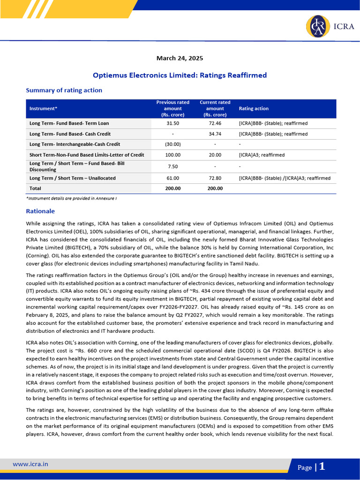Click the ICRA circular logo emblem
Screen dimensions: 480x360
click(315, 27)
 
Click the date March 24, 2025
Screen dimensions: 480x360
click(180, 59)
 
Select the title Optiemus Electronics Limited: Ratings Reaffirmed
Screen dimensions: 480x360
click(180, 75)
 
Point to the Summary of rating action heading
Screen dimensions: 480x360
click(64, 90)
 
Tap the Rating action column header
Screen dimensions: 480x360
click(254, 109)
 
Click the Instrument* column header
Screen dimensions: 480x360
click(43, 109)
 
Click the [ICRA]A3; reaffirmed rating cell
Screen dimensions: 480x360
click(262, 155)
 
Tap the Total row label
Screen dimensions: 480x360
click(35, 188)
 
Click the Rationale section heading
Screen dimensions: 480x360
click(40, 211)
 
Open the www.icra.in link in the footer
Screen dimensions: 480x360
click(30, 464)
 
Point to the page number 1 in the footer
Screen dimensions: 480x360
click(322, 467)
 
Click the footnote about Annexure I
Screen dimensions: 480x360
click(71, 199)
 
